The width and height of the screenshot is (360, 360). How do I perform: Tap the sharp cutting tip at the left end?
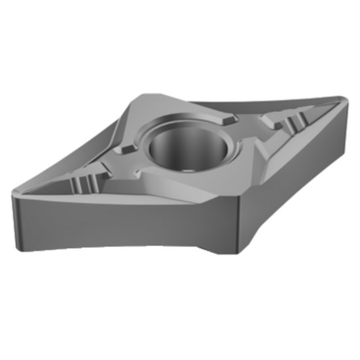(x=15, y=190)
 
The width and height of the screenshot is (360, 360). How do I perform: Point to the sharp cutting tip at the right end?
(x=345, y=103)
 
